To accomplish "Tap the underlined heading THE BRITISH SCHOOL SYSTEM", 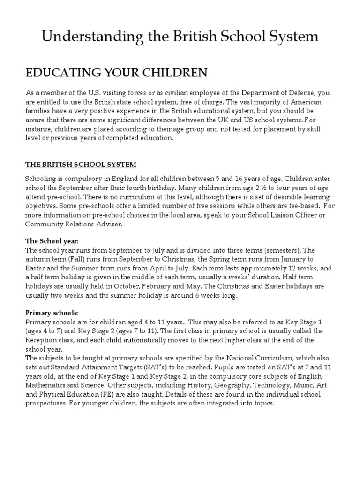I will click(x=80, y=165).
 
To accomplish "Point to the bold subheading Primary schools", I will click(x=52, y=313).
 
